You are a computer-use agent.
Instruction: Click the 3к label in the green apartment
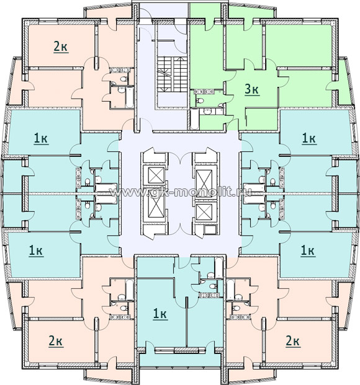click(x=252, y=89)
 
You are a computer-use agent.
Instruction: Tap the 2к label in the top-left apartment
click(x=60, y=46)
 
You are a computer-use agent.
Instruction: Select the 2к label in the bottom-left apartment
click(x=56, y=342)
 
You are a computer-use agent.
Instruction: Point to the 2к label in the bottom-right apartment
click(x=292, y=342)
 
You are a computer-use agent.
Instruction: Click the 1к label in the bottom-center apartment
click(x=160, y=314)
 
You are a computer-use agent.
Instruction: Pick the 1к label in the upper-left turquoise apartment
click(x=41, y=139)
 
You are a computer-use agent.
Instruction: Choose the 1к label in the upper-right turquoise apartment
click(x=309, y=139)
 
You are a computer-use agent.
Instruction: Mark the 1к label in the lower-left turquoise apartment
click(x=36, y=251)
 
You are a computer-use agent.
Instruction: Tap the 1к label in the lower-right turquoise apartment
click(x=308, y=251)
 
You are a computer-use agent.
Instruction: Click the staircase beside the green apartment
click(x=171, y=74)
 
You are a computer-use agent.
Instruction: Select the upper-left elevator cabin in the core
click(x=156, y=175)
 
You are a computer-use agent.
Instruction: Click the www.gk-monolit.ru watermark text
click(x=181, y=192)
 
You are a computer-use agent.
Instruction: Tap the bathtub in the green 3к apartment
click(x=194, y=120)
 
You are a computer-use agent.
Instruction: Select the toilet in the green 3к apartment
click(x=200, y=100)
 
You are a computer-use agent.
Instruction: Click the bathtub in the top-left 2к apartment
click(x=129, y=97)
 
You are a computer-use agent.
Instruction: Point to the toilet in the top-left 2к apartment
click(x=124, y=79)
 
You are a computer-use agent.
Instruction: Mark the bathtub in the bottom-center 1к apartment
click(x=218, y=268)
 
